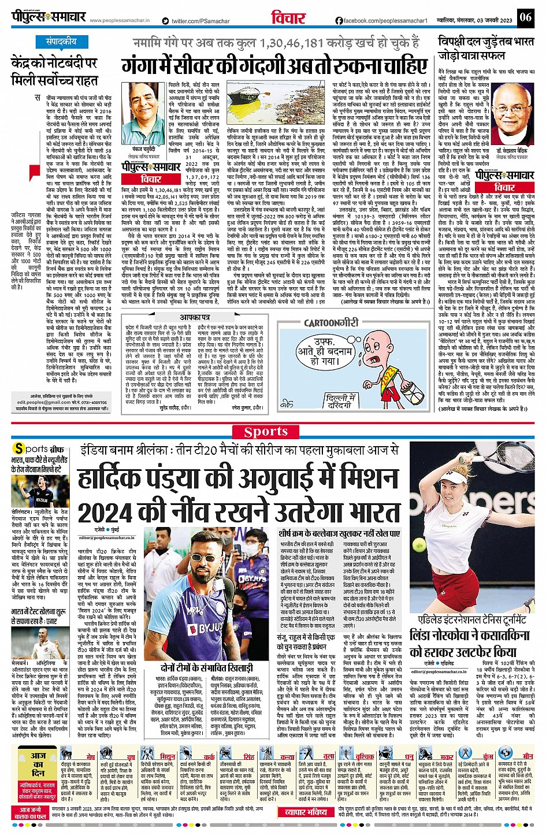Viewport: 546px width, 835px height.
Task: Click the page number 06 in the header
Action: click(x=525, y=17)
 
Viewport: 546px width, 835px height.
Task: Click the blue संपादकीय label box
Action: click(x=61, y=42)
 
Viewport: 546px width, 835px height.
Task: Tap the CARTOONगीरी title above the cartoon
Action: click(x=331, y=324)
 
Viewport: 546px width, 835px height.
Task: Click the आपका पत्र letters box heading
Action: click(x=194, y=317)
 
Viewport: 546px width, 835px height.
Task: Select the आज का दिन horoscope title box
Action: click(x=38, y=764)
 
